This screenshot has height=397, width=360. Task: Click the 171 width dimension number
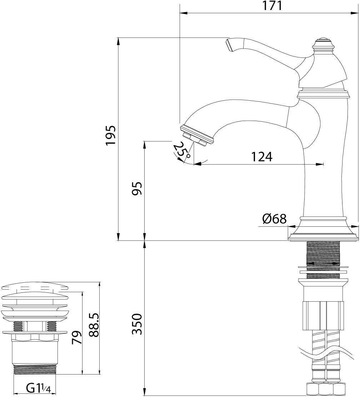click(x=272, y=6)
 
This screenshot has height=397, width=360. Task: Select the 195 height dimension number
click(x=111, y=135)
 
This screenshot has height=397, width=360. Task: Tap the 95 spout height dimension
click(x=137, y=189)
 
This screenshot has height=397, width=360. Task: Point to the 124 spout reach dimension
click(x=262, y=157)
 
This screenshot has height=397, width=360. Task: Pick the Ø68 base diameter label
click(x=275, y=219)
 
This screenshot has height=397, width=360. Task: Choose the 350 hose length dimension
click(x=137, y=324)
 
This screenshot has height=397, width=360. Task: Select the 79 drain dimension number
click(x=77, y=337)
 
